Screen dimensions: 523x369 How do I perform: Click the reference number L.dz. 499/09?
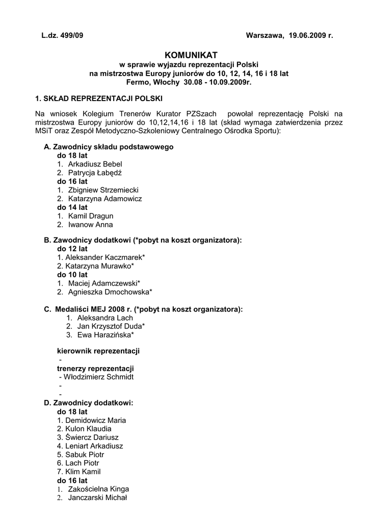pyautogui.click(x=62, y=36)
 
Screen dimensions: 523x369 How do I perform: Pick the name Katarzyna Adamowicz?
pyautogui.click(x=104, y=199)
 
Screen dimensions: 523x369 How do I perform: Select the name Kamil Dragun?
pyautogui.click(x=90, y=216)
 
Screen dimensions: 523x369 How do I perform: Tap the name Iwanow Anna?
pyautogui.click(x=90, y=225)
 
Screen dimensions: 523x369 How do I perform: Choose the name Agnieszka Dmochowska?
pyautogui.click(x=110, y=292)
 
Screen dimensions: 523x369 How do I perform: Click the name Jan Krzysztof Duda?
pyautogui.click(x=111, y=326)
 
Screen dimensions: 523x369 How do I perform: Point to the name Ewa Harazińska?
pyautogui.click(x=106, y=335)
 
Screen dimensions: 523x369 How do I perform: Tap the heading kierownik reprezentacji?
pyautogui.click(x=98, y=351)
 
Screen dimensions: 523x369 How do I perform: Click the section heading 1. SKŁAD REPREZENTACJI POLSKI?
pyautogui.click(x=99, y=98)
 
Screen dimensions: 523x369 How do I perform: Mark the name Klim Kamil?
pyautogui.click(x=83, y=472)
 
